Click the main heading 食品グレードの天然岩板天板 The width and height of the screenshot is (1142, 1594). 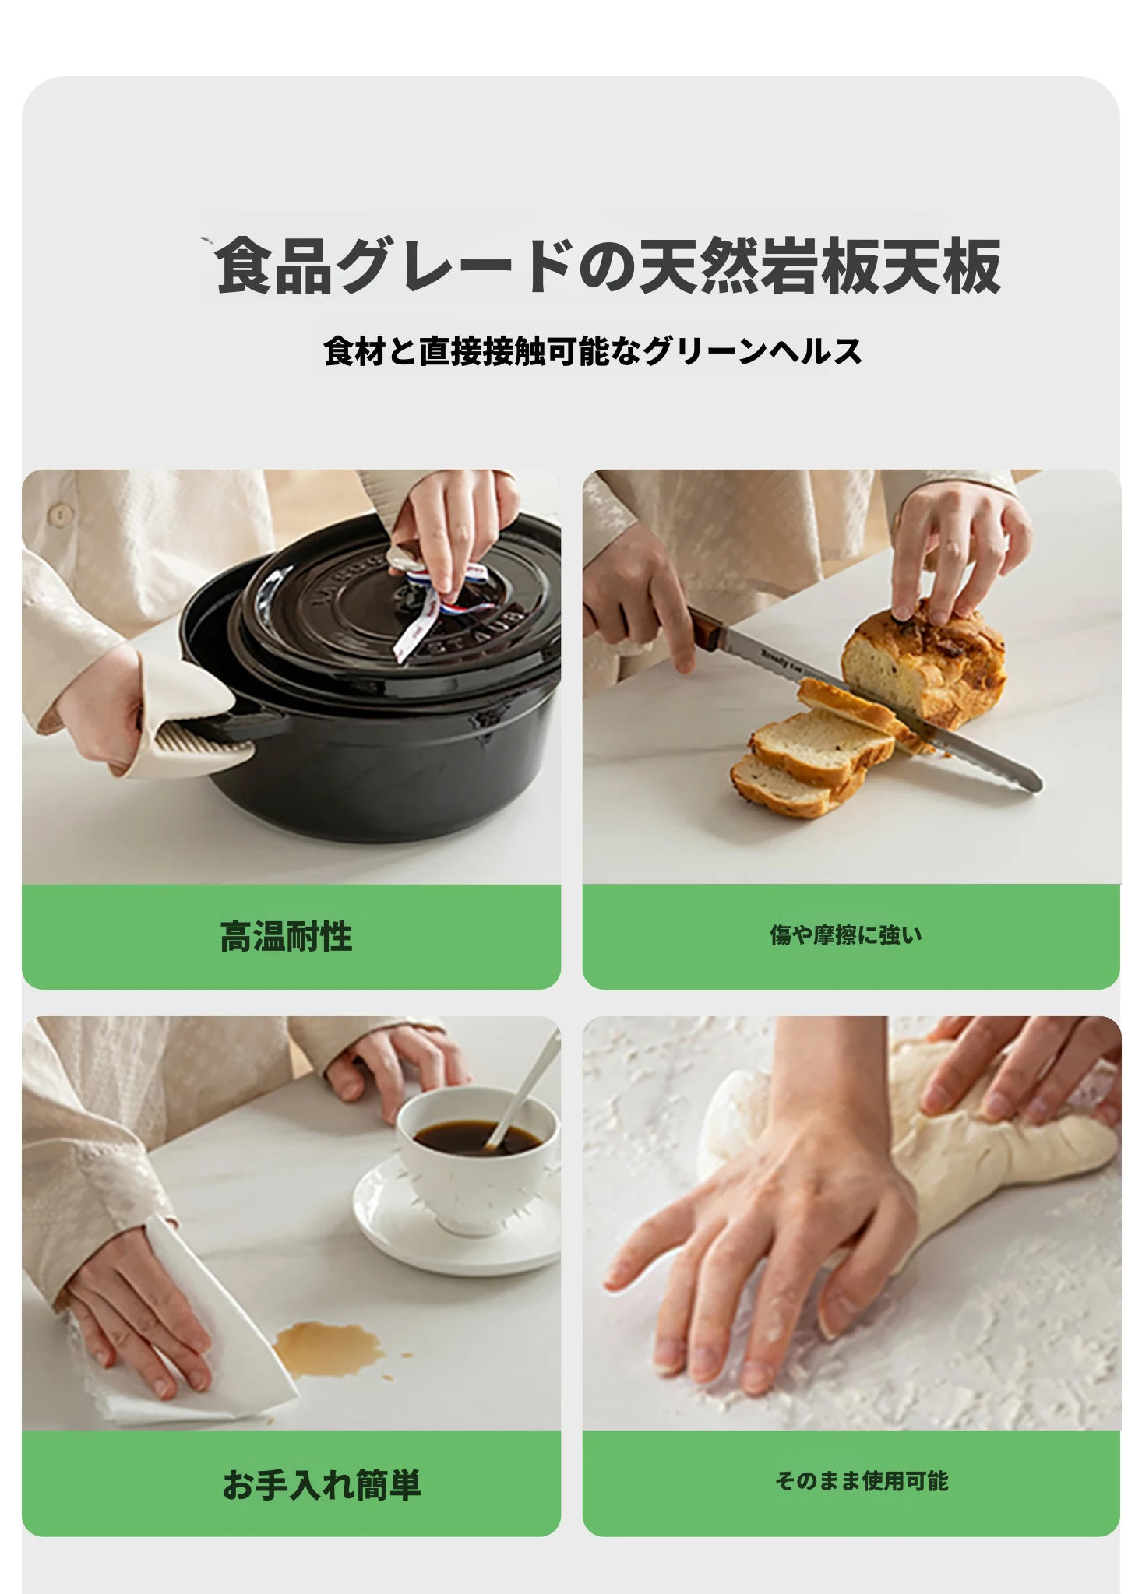[x=608, y=266]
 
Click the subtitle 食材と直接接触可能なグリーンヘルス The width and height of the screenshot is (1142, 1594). [x=593, y=351]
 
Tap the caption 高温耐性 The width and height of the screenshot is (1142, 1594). [x=286, y=936]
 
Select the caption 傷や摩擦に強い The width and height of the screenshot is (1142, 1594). [x=845, y=934]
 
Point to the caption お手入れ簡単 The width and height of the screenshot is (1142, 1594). [x=322, y=1484]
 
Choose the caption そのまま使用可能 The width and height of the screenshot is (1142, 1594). [x=862, y=1480]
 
